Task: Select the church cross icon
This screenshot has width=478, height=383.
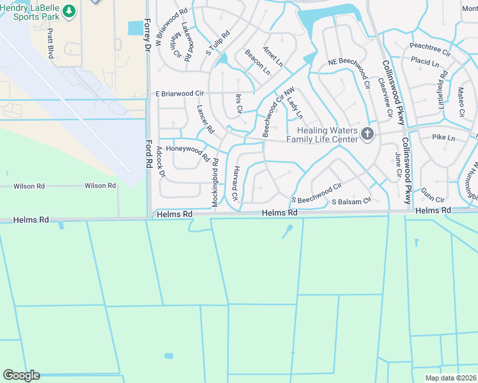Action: point(367,133)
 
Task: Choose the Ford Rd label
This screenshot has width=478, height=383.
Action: point(148,154)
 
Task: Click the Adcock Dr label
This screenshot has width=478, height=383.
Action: point(160,161)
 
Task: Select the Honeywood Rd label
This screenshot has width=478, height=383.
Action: point(187,151)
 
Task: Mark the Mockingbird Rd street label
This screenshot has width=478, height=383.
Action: point(215,182)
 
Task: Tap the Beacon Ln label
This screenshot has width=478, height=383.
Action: point(258,62)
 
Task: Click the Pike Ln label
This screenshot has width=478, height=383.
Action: point(443,137)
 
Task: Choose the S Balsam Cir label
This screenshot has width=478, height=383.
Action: point(351,201)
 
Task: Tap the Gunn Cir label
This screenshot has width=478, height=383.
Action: point(433,199)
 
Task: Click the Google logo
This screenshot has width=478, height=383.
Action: point(21,375)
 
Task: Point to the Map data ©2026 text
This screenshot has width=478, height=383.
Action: point(451,378)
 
